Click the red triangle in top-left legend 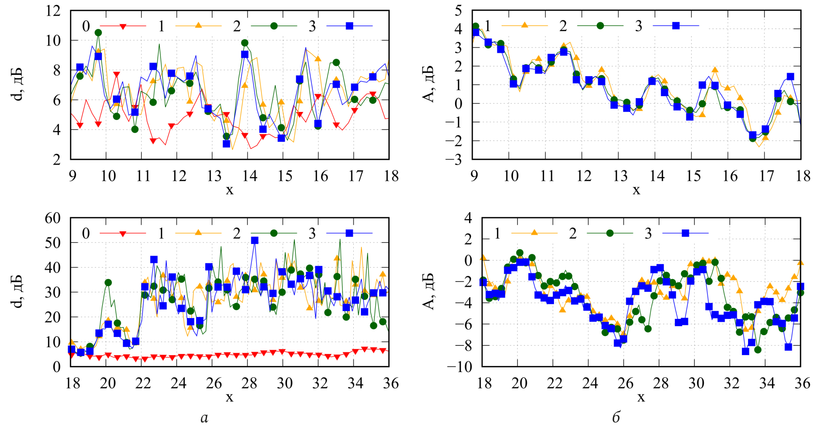pos(123,27)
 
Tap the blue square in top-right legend pos(676,26)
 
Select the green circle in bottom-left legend pos(274,233)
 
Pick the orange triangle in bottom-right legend pos(534,232)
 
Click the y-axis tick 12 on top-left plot pos(53,11)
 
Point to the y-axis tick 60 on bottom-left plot pos(53,218)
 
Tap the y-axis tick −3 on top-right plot pos(454,159)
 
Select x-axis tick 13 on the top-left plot pos(214,176)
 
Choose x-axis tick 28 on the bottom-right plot pos(661,383)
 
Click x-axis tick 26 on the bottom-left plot pos(214,383)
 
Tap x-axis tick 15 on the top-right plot pos(693,176)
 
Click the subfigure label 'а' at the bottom pos(204,418)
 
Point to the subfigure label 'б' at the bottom pos(616,418)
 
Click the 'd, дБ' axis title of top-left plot pos(18,85)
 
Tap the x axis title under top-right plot pos(636,190)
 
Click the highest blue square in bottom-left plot pos(255,240)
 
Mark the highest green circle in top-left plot pos(98,33)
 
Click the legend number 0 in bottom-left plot pos(86,233)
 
